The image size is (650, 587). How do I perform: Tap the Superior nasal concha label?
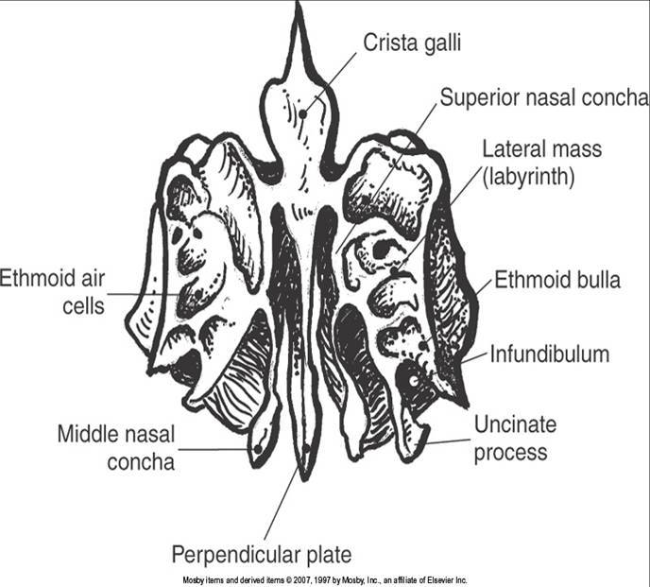point(544,97)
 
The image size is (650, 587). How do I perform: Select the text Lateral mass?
point(541,149)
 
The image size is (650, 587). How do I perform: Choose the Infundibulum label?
point(549,354)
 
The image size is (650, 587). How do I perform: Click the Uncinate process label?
point(515,441)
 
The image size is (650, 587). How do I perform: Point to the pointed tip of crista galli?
point(299,8)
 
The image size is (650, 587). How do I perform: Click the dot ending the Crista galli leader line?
point(303,113)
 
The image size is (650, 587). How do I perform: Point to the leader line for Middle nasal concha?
point(215,448)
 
